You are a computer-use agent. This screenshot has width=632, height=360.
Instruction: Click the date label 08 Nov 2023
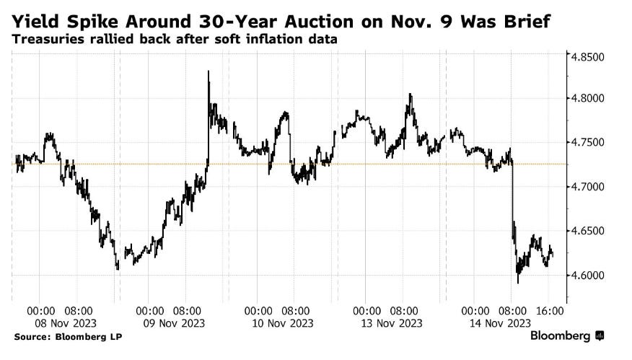(x=61, y=323)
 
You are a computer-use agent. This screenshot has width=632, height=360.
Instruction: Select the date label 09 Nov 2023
(x=170, y=323)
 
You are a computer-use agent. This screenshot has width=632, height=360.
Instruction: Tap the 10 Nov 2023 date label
(x=278, y=323)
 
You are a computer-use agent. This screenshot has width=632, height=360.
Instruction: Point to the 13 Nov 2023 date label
(x=387, y=323)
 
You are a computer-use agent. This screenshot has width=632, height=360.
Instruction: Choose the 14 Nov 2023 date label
(x=496, y=323)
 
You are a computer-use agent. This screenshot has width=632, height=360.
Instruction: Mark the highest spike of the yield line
(x=209, y=71)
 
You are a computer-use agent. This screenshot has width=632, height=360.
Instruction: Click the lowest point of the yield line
(x=517, y=282)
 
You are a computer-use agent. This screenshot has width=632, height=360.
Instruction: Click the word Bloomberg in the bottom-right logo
(x=561, y=337)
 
